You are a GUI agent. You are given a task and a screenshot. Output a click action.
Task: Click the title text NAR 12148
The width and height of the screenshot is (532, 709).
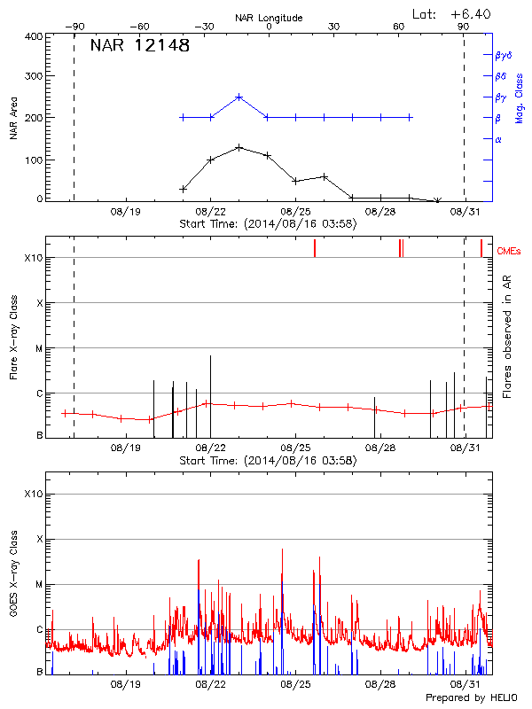(x=140, y=46)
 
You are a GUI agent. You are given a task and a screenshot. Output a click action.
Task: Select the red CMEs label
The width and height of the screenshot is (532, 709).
(x=510, y=252)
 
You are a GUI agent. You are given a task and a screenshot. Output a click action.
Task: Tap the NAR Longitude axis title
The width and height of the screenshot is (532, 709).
(x=269, y=18)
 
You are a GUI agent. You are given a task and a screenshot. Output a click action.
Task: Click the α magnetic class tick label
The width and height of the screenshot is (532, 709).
(x=498, y=139)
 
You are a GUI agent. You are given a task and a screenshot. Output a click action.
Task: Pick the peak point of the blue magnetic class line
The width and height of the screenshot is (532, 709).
(x=239, y=97)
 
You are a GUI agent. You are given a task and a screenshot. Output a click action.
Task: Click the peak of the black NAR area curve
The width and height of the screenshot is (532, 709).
(x=239, y=147)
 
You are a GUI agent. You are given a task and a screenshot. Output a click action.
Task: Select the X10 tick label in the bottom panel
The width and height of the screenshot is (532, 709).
(x=35, y=494)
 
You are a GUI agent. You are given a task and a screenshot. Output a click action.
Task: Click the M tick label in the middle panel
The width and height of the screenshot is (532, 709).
(x=39, y=348)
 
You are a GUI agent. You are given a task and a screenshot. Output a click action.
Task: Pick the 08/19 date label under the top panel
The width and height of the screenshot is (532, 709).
(x=126, y=212)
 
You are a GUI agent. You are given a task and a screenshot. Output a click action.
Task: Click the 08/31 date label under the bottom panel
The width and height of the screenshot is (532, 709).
(x=465, y=685)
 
